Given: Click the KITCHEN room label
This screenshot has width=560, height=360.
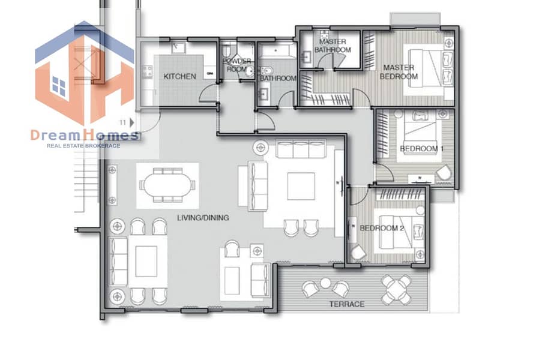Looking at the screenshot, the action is (179, 76).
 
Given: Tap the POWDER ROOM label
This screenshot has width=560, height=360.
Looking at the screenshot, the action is (237, 65).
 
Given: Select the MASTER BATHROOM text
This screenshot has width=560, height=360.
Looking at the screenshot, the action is (333, 46).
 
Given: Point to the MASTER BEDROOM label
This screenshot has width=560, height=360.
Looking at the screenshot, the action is (399, 72).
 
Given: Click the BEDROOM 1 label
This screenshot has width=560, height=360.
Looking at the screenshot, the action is (421, 149).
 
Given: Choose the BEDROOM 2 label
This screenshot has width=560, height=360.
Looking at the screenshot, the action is (381, 228).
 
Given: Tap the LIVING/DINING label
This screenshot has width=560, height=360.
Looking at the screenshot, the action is (203, 217).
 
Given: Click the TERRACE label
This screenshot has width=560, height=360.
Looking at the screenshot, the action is (347, 304).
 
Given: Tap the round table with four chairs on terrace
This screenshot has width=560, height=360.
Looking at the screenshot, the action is (396, 290).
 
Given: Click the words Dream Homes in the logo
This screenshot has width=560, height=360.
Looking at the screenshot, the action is (85, 136).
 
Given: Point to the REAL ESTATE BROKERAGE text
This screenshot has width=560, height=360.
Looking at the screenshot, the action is (83, 146).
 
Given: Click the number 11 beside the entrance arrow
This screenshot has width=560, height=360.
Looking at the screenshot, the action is (123, 122).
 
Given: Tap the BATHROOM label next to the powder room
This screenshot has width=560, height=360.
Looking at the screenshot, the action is (278, 78).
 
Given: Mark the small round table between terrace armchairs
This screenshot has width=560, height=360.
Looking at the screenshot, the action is (325, 283).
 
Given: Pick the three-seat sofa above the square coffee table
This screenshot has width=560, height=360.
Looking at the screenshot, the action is (301, 149).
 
